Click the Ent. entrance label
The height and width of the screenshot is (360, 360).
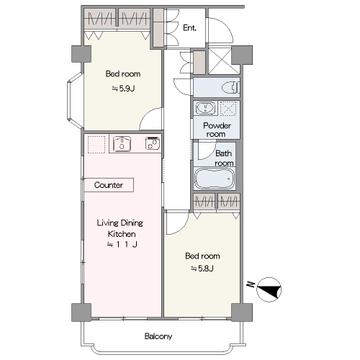189,28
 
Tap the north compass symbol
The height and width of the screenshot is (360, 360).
269,290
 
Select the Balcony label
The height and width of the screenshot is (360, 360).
158,336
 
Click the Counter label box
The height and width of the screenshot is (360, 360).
109,185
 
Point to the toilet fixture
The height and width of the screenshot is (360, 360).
231,88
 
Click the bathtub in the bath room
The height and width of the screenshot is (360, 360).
215,179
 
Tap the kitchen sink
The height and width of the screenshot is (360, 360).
122,144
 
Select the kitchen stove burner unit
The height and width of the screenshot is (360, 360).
152,144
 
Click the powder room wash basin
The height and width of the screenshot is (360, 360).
206,108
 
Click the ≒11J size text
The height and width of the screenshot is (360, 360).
122,245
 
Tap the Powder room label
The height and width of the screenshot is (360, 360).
217,130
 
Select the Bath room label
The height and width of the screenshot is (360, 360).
224,158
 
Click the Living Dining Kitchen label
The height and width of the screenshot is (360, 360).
120,228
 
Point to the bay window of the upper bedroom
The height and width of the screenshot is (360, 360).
72,100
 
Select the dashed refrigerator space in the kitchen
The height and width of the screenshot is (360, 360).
96,144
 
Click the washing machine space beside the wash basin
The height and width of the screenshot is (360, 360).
229,108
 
